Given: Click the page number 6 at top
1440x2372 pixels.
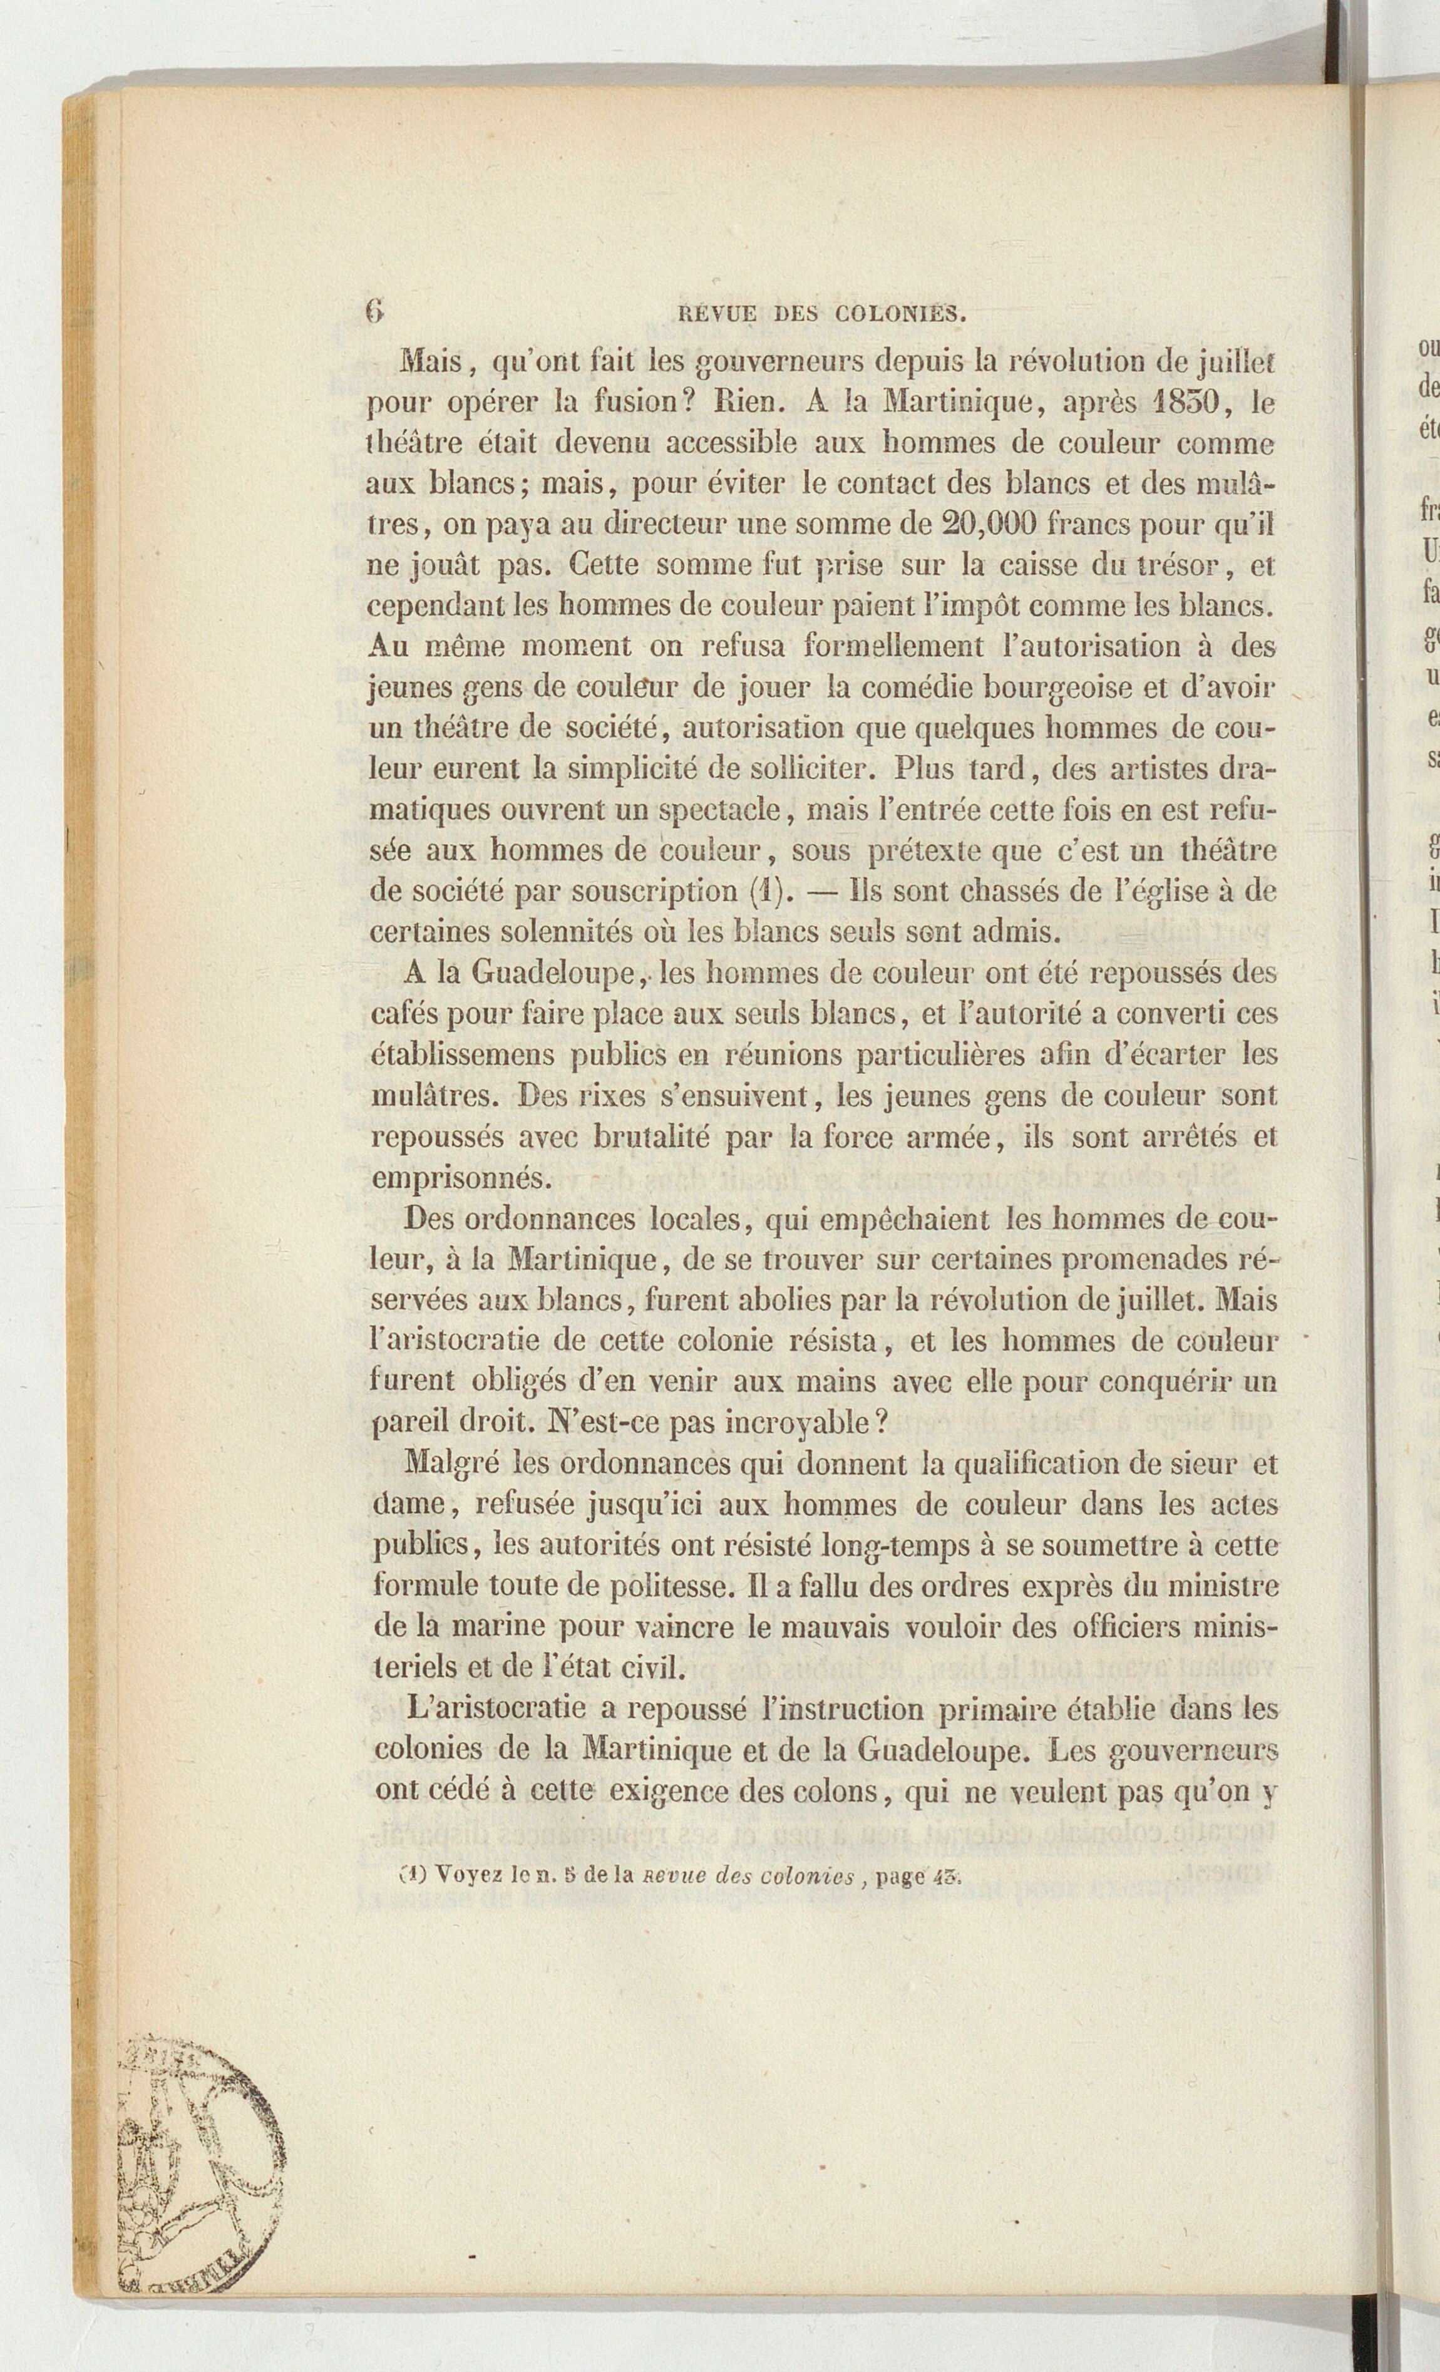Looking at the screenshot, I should pyautogui.click(x=374, y=311).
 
